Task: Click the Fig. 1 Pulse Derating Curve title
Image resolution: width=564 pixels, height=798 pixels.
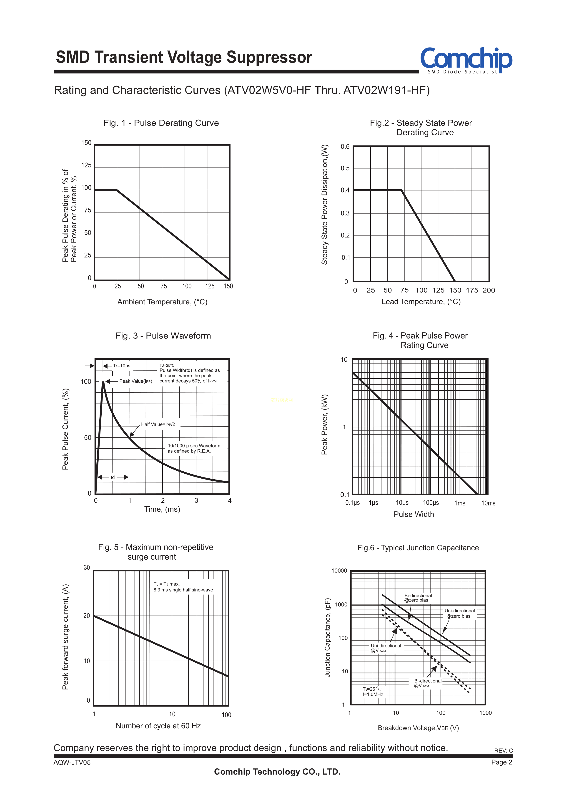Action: (161, 123)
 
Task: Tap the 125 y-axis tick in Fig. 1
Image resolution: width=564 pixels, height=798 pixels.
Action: (86, 165)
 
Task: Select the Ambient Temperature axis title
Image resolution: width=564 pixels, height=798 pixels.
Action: (162, 302)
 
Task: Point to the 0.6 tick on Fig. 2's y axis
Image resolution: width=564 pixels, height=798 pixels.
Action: (345, 147)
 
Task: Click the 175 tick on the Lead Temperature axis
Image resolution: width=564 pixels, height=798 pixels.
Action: (472, 290)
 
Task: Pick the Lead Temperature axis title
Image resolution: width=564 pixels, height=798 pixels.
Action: (421, 301)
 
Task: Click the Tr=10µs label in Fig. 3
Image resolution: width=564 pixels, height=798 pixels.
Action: (122, 366)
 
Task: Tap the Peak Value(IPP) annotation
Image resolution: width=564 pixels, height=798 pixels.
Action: (135, 381)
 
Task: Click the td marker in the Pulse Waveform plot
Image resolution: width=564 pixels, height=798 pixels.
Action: (113, 477)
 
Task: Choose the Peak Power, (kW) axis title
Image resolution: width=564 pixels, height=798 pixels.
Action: (324, 424)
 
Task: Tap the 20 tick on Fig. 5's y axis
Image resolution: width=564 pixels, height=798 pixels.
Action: (86, 616)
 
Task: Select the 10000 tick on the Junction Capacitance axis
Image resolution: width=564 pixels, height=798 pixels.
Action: (339, 571)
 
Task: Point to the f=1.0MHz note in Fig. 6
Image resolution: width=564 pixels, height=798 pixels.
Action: (373, 694)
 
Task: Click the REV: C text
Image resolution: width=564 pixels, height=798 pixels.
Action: (503, 750)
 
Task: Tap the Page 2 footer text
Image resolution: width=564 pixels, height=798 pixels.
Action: (501, 762)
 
